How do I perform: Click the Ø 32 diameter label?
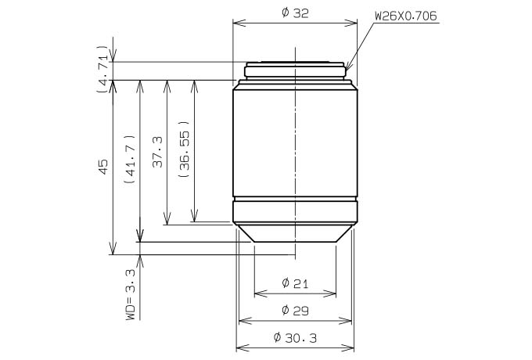tap(295, 13)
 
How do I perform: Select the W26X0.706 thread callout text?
tap(406, 16)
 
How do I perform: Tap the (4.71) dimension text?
tap(102, 69)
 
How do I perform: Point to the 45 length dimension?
tap(102, 166)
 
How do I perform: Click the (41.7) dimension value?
tap(131, 159)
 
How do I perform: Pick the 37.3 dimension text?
tap(157, 152)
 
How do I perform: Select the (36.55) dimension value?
tap(184, 149)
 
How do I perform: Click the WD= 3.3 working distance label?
tap(131, 293)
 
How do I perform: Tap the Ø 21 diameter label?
tap(295, 283)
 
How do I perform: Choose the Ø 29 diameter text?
tap(295, 310)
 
